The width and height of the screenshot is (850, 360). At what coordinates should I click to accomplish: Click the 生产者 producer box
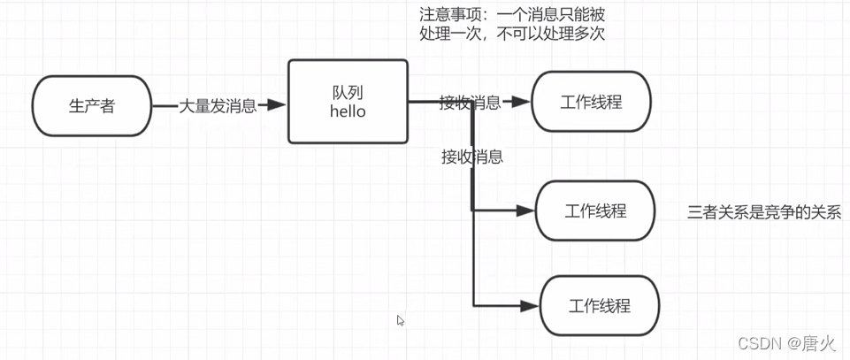92,105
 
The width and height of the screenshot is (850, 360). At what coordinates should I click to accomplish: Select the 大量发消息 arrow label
218,105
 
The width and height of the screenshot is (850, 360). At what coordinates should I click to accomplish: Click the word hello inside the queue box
348,112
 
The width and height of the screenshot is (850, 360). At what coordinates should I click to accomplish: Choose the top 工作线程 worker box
591,102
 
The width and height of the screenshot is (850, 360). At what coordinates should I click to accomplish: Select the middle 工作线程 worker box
595,211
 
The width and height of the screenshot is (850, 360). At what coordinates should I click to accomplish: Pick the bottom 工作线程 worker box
599,306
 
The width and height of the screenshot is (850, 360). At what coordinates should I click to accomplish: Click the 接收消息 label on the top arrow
470,103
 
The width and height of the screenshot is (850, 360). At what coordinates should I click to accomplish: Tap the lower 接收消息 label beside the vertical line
472,157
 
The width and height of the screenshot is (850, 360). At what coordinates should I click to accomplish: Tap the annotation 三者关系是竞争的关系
762,212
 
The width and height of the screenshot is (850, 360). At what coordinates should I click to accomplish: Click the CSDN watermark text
757,341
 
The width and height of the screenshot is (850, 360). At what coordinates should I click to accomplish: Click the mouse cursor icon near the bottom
401,321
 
